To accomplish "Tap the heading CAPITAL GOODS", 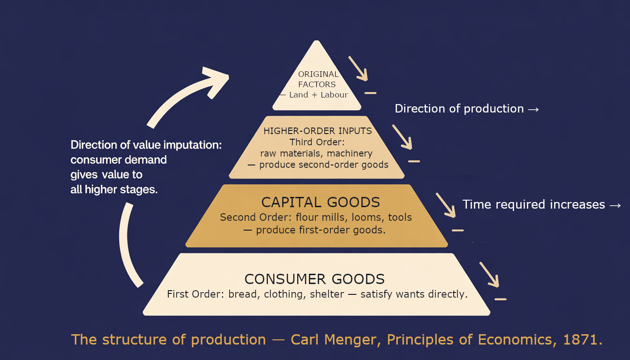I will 320,202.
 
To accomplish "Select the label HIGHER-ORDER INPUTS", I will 317,131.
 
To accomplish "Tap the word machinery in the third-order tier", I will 350,153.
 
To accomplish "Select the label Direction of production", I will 459,109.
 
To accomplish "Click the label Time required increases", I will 534,204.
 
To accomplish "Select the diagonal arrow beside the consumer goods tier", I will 489,274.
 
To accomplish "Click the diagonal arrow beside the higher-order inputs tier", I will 402,136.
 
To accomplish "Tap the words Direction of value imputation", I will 146,145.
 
